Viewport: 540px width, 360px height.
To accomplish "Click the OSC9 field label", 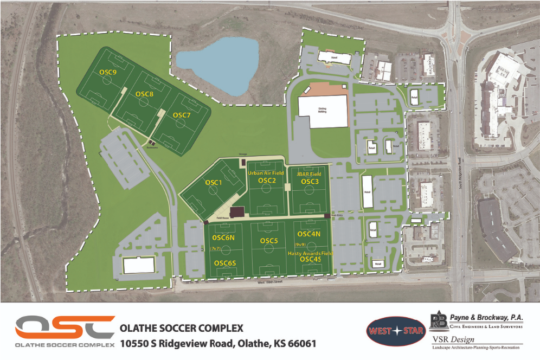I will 108,72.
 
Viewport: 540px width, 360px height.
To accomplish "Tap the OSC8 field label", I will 144,94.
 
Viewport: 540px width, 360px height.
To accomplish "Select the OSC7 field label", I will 182,115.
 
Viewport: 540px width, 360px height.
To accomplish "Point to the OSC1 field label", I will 214,183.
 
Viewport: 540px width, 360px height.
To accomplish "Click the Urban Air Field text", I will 266,173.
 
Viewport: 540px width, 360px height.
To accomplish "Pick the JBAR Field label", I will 309,174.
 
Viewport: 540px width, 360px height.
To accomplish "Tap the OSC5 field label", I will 269,241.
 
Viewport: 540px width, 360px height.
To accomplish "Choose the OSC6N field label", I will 223,237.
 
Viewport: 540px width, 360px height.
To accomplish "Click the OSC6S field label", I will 224,263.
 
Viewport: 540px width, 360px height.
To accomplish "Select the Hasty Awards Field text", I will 311,253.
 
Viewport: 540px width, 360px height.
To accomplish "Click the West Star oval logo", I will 396,331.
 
